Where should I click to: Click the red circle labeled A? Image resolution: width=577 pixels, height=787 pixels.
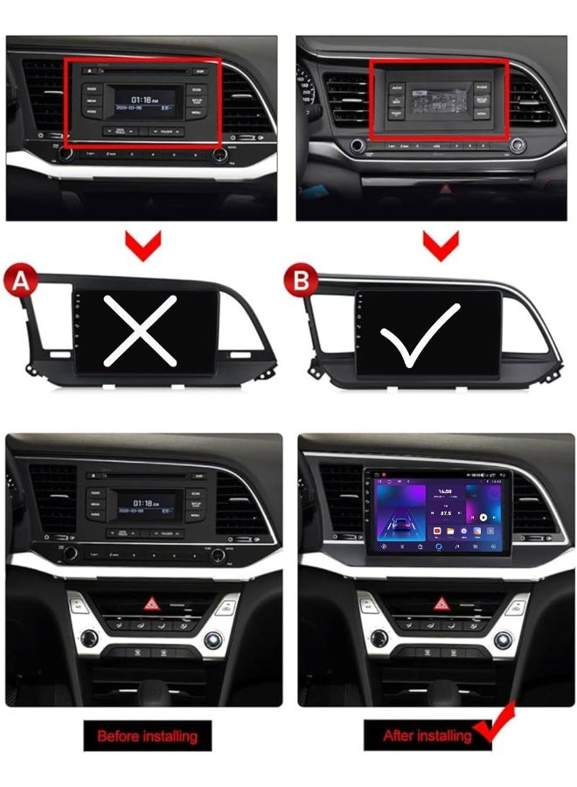point(20,280)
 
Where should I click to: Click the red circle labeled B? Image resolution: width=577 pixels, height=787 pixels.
point(301,280)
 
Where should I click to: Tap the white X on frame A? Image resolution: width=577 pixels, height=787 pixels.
point(141,330)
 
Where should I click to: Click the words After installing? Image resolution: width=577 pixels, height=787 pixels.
point(427,735)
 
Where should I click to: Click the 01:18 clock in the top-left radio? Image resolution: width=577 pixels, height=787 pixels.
point(144,99)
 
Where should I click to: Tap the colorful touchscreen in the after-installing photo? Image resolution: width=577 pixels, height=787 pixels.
point(434,512)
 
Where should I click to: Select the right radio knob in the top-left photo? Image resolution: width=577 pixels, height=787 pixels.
point(219,155)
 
